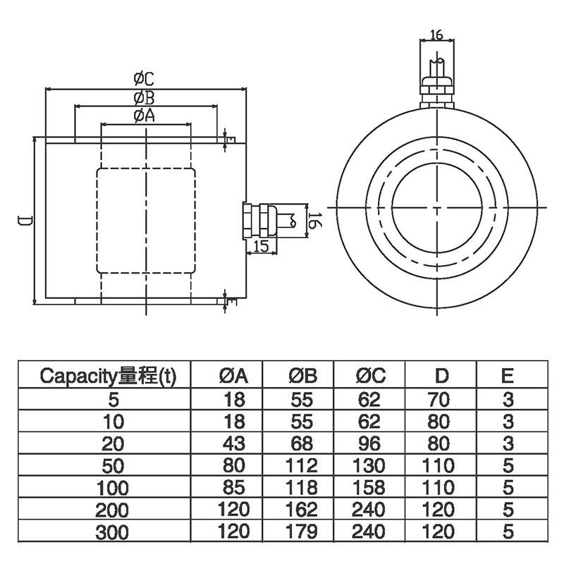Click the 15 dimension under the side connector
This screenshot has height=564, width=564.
(259, 245)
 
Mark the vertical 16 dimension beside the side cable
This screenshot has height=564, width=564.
(314, 220)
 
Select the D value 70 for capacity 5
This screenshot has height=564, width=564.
(439, 400)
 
